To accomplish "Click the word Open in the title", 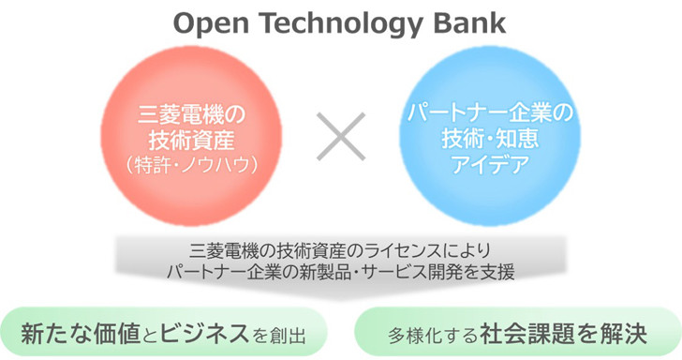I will pos(207,22).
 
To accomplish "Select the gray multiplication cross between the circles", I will pos(342,139).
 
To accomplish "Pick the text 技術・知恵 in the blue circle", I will pos(493,141).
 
